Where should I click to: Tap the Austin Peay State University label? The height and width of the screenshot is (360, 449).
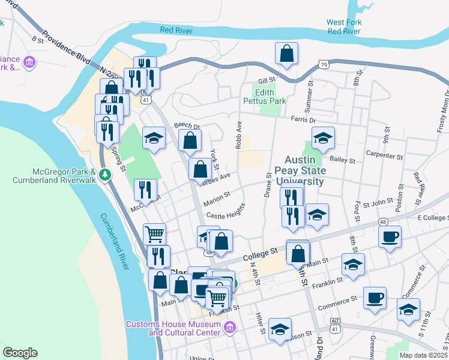(304, 171)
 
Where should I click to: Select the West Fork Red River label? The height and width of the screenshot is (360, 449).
(344, 26)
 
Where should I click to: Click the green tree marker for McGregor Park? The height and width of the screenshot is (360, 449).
(106, 175)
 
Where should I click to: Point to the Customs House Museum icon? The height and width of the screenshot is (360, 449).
(229, 327)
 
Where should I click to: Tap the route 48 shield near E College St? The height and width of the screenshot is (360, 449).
(383, 221)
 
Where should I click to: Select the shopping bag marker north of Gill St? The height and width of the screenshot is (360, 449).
(287, 53)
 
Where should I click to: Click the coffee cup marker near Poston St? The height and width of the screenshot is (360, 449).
(390, 236)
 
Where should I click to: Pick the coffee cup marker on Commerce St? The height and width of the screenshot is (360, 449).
(375, 298)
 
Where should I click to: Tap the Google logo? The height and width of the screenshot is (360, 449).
(20, 353)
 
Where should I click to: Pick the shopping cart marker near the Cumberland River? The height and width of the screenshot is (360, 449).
(154, 234)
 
